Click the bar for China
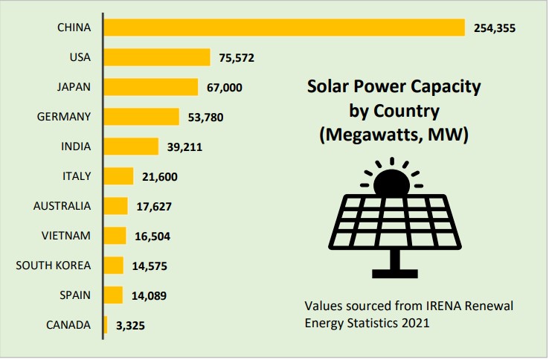coord(284,28)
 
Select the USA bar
coord(157,57)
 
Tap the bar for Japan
coord(151,87)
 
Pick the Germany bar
coord(141,117)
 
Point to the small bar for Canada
coord(106,325)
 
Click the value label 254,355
coord(495,28)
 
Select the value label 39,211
coord(184,147)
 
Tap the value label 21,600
coord(159,177)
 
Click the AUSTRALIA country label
coord(62,206)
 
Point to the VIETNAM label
coord(67,236)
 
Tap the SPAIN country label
coord(74,295)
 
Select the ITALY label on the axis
coord(77,176)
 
